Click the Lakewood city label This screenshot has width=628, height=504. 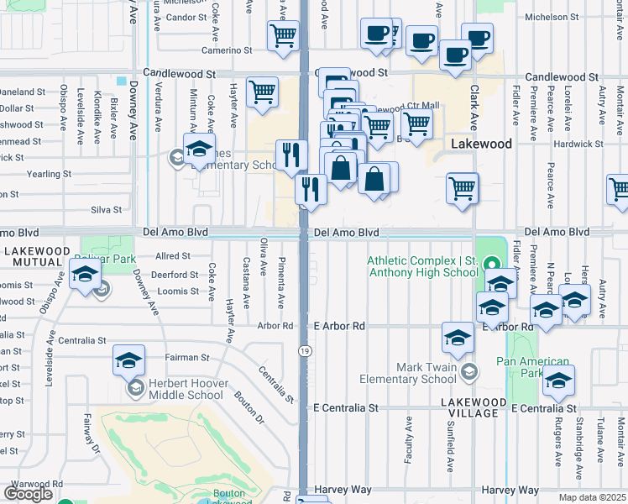481,144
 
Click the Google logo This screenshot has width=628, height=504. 28,494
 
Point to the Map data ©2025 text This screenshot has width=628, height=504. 592,497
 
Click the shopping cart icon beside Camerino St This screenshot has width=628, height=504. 284,36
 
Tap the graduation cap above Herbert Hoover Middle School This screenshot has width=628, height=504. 129,360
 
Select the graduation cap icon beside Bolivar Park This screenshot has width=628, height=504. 86,274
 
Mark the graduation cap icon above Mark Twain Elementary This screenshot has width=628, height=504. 458,337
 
